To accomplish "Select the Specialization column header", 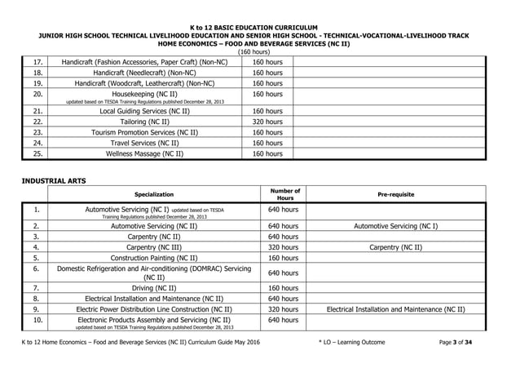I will click(153, 195).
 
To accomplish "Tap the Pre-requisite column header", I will click(395, 195).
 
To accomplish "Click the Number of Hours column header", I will click(285, 195).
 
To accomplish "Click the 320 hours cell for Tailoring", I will click(267, 121).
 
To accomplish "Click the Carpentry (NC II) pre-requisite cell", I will click(395, 246).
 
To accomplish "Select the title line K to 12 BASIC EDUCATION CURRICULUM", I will click(258, 27).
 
